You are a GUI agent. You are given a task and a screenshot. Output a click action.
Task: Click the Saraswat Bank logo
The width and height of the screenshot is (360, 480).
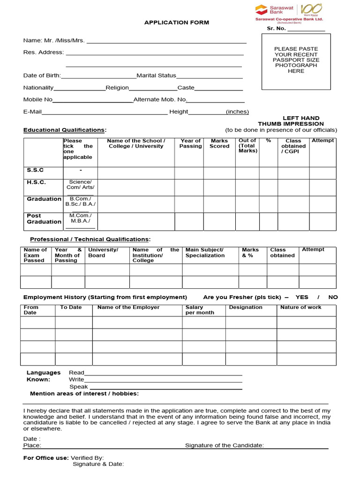[x=288, y=13]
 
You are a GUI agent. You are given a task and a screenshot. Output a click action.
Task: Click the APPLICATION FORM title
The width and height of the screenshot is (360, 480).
[x=177, y=22]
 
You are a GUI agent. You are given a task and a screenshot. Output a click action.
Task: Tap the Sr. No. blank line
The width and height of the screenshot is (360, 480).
[x=306, y=29]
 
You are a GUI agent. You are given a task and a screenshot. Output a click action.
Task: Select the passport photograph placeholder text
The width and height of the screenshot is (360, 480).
[x=296, y=60]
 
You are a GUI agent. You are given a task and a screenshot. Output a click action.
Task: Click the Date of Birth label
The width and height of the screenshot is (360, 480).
[x=42, y=75]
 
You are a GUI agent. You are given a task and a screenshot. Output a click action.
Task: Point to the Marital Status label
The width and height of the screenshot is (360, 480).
[x=156, y=75]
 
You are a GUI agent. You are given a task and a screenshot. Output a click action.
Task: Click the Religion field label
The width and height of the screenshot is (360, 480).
[x=117, y=88]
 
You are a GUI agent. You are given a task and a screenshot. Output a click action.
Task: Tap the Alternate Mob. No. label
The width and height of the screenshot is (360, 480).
[x=160, y=99]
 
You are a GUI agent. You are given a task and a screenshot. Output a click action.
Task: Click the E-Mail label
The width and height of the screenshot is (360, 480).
[x=33, y=112]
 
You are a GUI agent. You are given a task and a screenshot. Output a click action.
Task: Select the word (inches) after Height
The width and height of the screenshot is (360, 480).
[x=237, y=112]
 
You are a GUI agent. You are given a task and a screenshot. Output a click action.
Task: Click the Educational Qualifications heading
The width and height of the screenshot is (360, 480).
[x=64, y=130]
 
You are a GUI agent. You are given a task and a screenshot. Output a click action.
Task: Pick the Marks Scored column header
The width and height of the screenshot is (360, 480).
[x=219, y=143]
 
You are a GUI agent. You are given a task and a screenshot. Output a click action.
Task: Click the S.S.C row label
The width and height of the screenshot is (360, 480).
[x=35, y=170]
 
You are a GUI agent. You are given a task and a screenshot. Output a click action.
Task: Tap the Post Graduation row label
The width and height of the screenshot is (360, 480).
[x=44, y=219]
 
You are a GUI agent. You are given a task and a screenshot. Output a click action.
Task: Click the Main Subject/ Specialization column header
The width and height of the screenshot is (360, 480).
[x=205, y=253]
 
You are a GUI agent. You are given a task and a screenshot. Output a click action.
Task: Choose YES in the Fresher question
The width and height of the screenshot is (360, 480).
[x=302, y=297]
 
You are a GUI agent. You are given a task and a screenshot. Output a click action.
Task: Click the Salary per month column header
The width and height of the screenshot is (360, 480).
[x=200, y=310]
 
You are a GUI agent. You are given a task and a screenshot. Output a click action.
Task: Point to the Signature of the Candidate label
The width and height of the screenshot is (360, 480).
[x=224, y=445]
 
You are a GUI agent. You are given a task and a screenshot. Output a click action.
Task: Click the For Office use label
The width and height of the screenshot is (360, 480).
[x=46, y=457]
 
